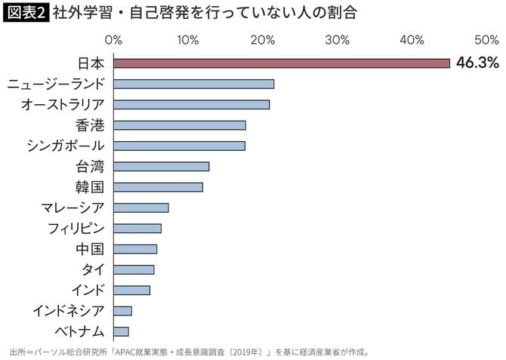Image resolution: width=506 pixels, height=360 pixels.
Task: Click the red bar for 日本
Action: [x=281, y=63]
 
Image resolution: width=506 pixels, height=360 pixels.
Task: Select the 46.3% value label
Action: [x=477, y=63]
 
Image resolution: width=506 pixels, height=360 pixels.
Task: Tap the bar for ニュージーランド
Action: [x=193, y=84]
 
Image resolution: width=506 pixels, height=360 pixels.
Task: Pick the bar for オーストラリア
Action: [x=191, y=104]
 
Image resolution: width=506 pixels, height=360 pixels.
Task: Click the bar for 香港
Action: [x=179, y=125]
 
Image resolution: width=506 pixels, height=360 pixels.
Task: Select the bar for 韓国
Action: [x=158, y=186]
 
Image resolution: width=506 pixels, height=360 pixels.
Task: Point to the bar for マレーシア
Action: [x=140, y=208]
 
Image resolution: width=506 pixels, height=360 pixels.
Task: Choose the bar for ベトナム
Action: [x=121, y=331]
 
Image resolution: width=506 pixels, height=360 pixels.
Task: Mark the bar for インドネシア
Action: [x=122, y=310]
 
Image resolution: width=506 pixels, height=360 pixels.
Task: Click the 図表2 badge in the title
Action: [x=26, y=13]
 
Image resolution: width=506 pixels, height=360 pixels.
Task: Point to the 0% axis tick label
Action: [x=113, y=39]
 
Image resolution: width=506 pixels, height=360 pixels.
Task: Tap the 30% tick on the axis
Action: [x=338, y=39]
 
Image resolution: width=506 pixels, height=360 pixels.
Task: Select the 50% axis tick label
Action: [x=486, y=39]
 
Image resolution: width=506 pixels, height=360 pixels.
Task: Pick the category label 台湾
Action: [x=90, y=166]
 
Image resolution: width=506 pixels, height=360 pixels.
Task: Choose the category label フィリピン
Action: [x=76, y=228]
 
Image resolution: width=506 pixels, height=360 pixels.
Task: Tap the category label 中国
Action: [x=90, y=248]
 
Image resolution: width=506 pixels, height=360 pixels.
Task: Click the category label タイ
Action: [x=92, y=269]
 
